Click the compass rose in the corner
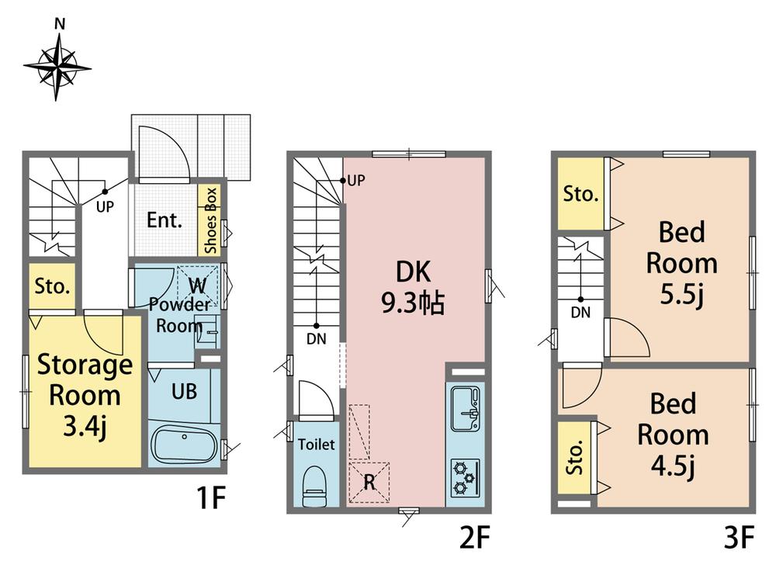57,67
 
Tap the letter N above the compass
60,23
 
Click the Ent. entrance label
165,220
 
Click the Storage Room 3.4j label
85,396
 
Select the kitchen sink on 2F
465,408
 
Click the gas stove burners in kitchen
465,478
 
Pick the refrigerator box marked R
369,483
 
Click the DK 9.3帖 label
414,288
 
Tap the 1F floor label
211,497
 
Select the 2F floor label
475,538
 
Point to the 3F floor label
739,538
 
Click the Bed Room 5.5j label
681,264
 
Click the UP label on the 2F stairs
356,181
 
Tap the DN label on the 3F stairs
580,312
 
